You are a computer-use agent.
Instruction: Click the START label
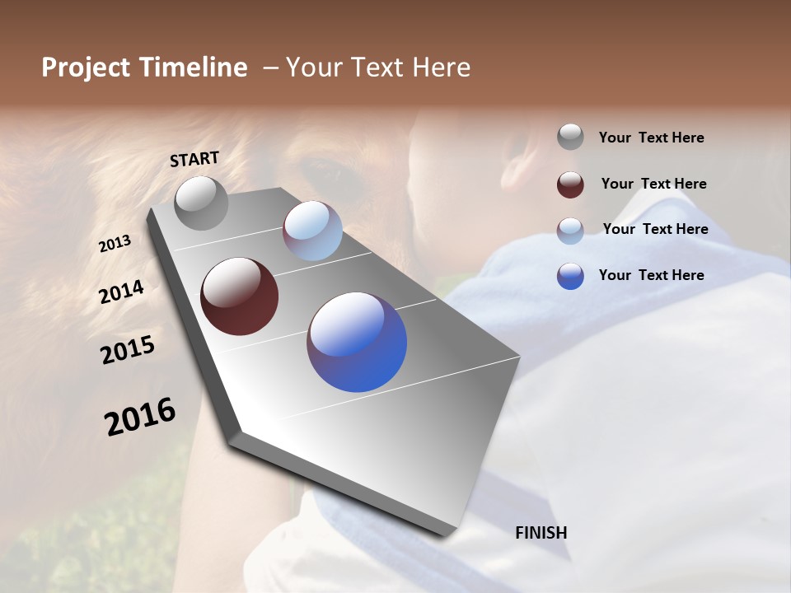point(194,159)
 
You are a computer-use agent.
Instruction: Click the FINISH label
point(541,533)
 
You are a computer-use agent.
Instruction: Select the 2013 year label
point(115,244)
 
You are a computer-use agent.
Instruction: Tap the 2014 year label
point(122,292)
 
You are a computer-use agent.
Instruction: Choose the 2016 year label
point(140,417)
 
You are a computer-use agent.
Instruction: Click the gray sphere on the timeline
point(202,203)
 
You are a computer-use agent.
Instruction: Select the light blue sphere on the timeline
point(312,231)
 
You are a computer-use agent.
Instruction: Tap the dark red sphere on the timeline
point(240,296)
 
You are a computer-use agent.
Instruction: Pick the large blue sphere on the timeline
point(357,342)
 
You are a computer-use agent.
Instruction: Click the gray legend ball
point(570,137)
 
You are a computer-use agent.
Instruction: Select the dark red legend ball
point(570,184)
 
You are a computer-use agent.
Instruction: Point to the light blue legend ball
point(570,230)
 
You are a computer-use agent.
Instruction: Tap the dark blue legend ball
point(570,275)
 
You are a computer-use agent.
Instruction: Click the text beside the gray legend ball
point(651,138)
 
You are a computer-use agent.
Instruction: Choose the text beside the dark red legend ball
point(653,184)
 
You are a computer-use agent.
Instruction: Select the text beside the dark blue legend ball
point(651,275)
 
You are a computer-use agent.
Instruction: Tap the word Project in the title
point(85,68)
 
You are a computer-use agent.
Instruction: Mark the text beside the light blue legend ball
point(655,229)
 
